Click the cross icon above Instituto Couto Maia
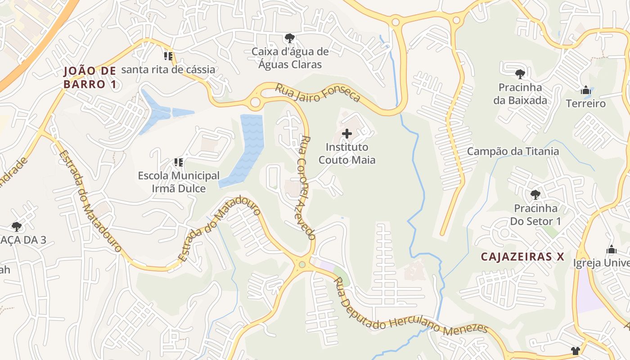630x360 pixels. (x=347, y=134)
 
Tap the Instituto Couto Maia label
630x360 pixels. (x=347, y=153)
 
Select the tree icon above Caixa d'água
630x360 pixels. (x=290, y=38)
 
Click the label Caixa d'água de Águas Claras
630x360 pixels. (x=290, y=58)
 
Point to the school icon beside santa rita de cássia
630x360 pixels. (x=168, y=56)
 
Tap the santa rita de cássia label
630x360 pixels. (x=168, y=70)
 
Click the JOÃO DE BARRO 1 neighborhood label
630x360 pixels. (x=90, y=77)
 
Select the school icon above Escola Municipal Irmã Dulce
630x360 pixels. (x=179, y=162)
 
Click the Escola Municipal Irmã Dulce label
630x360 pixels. (x=179, y=182)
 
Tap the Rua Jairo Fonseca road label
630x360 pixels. (x=318, y=93)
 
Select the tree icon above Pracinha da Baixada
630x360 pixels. (x=520, y=74)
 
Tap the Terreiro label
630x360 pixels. (x=585, y=103)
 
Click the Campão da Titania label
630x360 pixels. (x=513, y=151)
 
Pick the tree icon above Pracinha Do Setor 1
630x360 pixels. (x=535, y=194)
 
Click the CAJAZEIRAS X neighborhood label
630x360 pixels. (x=522, y=256)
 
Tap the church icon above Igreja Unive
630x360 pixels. (x=611, y=249)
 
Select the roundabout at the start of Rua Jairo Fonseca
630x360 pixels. (x=255, y=102)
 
